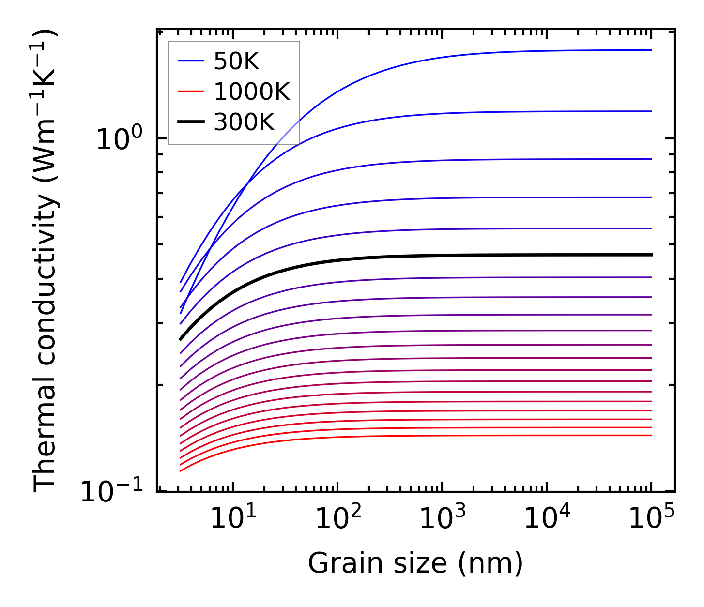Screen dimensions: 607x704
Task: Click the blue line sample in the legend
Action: tap(191, 61)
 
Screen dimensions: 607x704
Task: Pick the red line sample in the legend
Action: tap(191, 91)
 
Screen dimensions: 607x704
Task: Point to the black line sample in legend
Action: tap(191, 122)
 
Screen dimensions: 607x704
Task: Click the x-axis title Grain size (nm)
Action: tap(415, 563)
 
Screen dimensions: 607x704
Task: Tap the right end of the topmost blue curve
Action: tap(651, 50)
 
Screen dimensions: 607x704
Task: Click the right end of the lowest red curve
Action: tap(651, 435)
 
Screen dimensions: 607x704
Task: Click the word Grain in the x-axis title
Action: tap(334, 563)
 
